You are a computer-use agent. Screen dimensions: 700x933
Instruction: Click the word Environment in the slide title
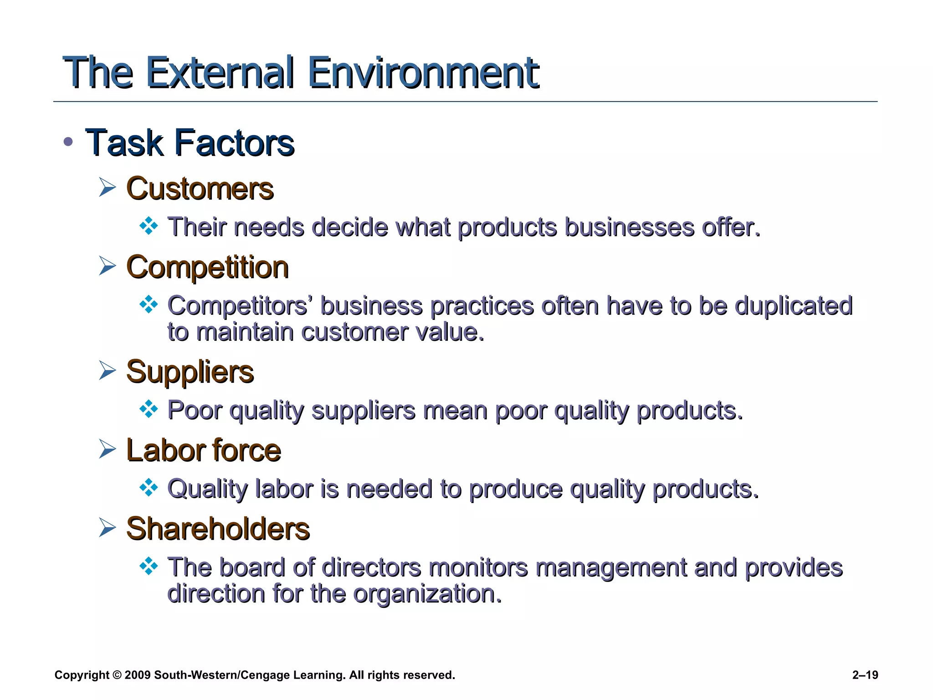point(423,73)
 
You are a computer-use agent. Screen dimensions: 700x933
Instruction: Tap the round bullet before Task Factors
point(68,142)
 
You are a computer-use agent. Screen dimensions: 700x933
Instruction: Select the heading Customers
point(200,189)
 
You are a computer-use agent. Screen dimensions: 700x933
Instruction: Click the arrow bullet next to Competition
point(108,266)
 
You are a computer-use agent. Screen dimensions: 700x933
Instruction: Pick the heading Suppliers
point(190,372)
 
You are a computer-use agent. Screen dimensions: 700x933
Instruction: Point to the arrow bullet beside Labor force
point(108,449)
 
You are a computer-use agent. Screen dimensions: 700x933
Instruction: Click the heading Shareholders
point(218,529)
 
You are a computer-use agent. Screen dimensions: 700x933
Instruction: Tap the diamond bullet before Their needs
point(149,226)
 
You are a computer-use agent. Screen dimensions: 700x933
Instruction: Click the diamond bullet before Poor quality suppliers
point(149,409)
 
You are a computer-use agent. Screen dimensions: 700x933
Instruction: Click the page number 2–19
point(865,675)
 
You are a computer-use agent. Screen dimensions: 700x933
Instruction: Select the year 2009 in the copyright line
point(137,675)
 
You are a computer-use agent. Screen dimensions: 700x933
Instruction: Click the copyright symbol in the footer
point(117,675)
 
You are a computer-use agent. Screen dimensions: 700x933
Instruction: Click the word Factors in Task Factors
point(235,143)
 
